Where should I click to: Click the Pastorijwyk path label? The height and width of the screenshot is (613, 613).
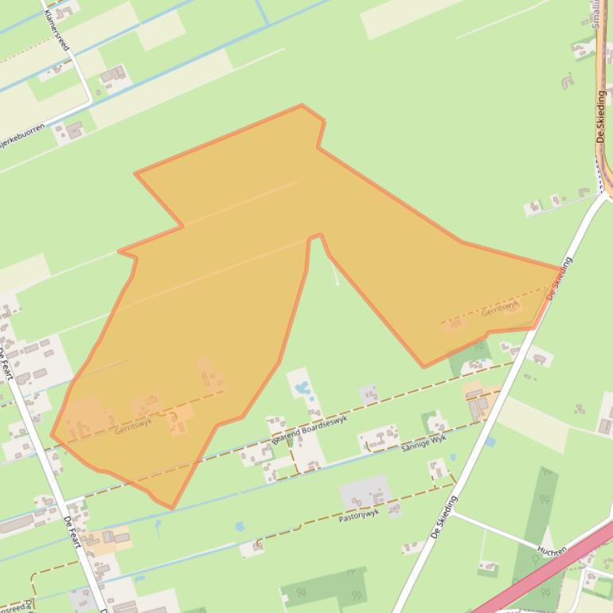point(358,516)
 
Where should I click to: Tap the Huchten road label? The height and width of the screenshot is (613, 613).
point(551,550)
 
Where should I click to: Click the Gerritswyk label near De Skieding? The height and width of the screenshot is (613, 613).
point(500,308)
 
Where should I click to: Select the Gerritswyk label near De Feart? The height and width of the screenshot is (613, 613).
point(132,427)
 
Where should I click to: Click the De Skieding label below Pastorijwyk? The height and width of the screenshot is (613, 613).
point(445,517)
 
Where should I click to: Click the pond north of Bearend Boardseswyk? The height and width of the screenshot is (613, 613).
point(303,390)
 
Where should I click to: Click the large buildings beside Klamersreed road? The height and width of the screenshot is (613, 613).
point(112,76)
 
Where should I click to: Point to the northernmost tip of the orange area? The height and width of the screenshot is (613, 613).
point(302,105)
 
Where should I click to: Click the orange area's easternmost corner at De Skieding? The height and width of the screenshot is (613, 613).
point(560,269)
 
